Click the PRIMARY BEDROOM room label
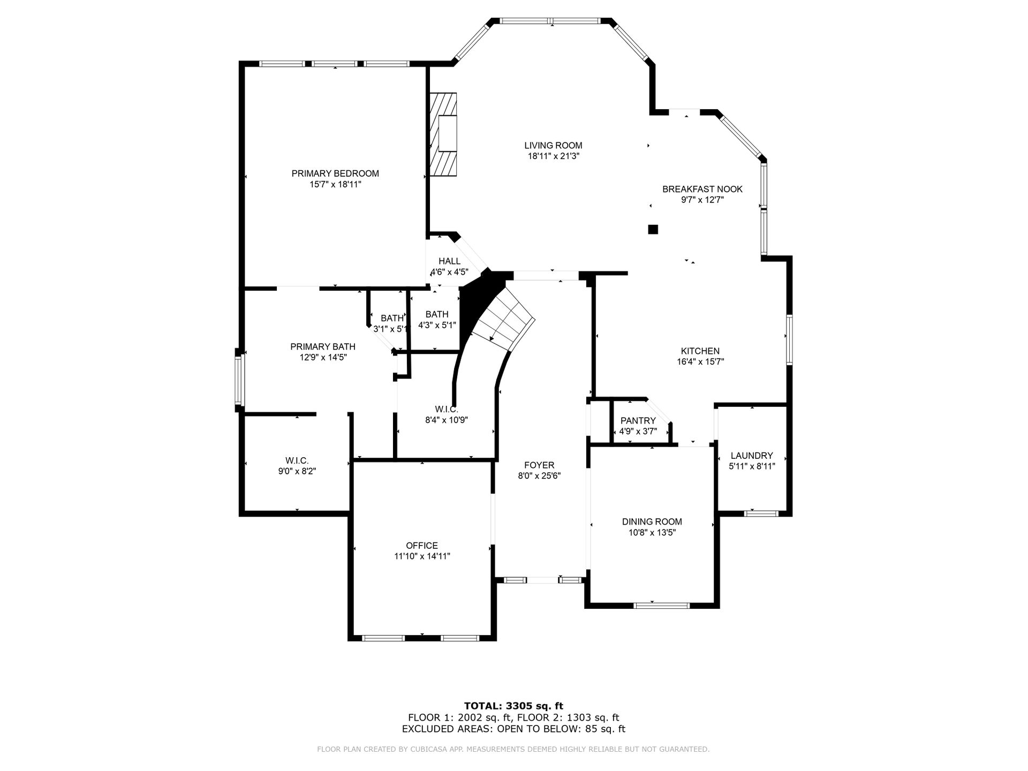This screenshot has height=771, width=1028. point(335,173)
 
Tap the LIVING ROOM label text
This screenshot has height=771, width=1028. point(553,146)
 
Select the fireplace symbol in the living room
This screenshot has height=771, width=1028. point(443,134)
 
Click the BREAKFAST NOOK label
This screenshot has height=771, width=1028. point(702,189)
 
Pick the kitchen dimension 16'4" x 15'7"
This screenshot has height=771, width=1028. point(700,362)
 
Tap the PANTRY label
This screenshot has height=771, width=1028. point(638,421)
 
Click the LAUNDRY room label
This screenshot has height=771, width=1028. point(752,456)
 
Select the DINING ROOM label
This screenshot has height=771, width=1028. point(652,521)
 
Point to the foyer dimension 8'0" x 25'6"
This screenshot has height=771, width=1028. point(539,476)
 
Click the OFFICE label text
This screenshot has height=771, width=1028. point(422,546)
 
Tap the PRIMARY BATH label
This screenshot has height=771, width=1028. point(323,347)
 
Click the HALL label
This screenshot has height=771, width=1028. point(450,261)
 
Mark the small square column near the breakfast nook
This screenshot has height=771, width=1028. point(653,229)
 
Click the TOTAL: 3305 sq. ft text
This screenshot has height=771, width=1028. point(513,706)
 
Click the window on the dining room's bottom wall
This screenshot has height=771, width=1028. point(661,606)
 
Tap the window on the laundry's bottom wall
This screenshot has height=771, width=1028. point(761,513)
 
